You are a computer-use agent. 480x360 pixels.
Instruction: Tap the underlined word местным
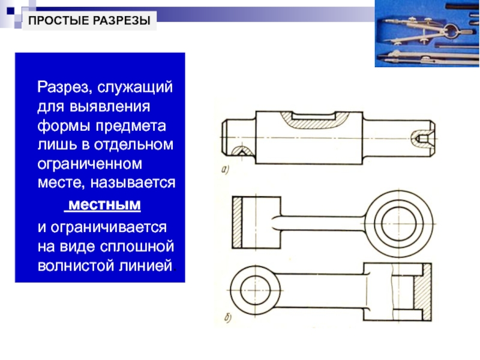(x=103, y=206)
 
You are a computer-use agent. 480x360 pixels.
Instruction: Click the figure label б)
(x=227, y=319)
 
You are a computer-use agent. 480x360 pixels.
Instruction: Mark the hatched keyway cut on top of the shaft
(x=313, y=121)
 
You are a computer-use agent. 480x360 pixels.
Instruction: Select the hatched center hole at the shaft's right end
(x=418, y=137)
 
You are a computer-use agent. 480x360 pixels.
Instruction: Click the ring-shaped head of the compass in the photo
(x=452, y=28)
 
